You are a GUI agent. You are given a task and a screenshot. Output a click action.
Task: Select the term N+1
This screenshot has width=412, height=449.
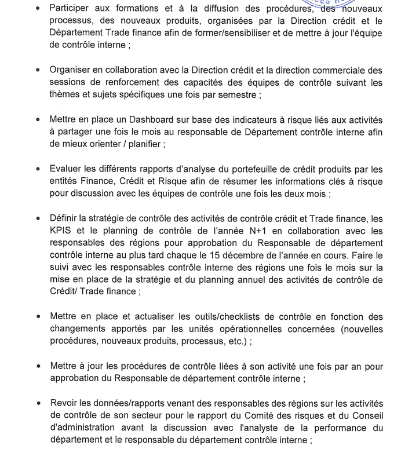point(235,230)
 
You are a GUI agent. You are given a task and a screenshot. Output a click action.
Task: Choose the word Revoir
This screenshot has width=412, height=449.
point(64,403)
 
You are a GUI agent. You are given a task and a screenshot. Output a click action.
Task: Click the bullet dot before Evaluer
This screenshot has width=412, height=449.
point(38,170)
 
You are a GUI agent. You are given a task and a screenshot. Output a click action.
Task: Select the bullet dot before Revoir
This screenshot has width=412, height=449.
point(38,403)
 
